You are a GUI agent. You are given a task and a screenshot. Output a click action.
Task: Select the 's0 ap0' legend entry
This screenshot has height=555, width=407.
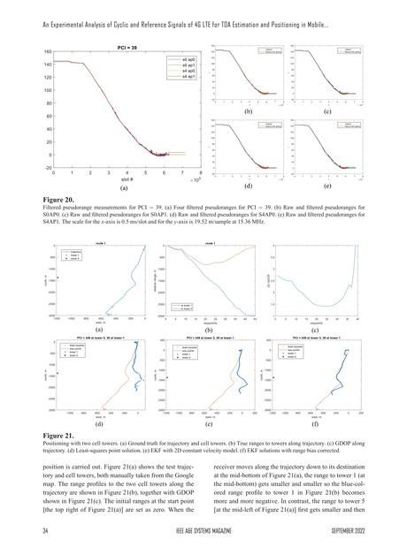click(188, 58)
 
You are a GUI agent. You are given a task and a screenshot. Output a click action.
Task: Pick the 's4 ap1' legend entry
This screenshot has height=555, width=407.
click(188, 78)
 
